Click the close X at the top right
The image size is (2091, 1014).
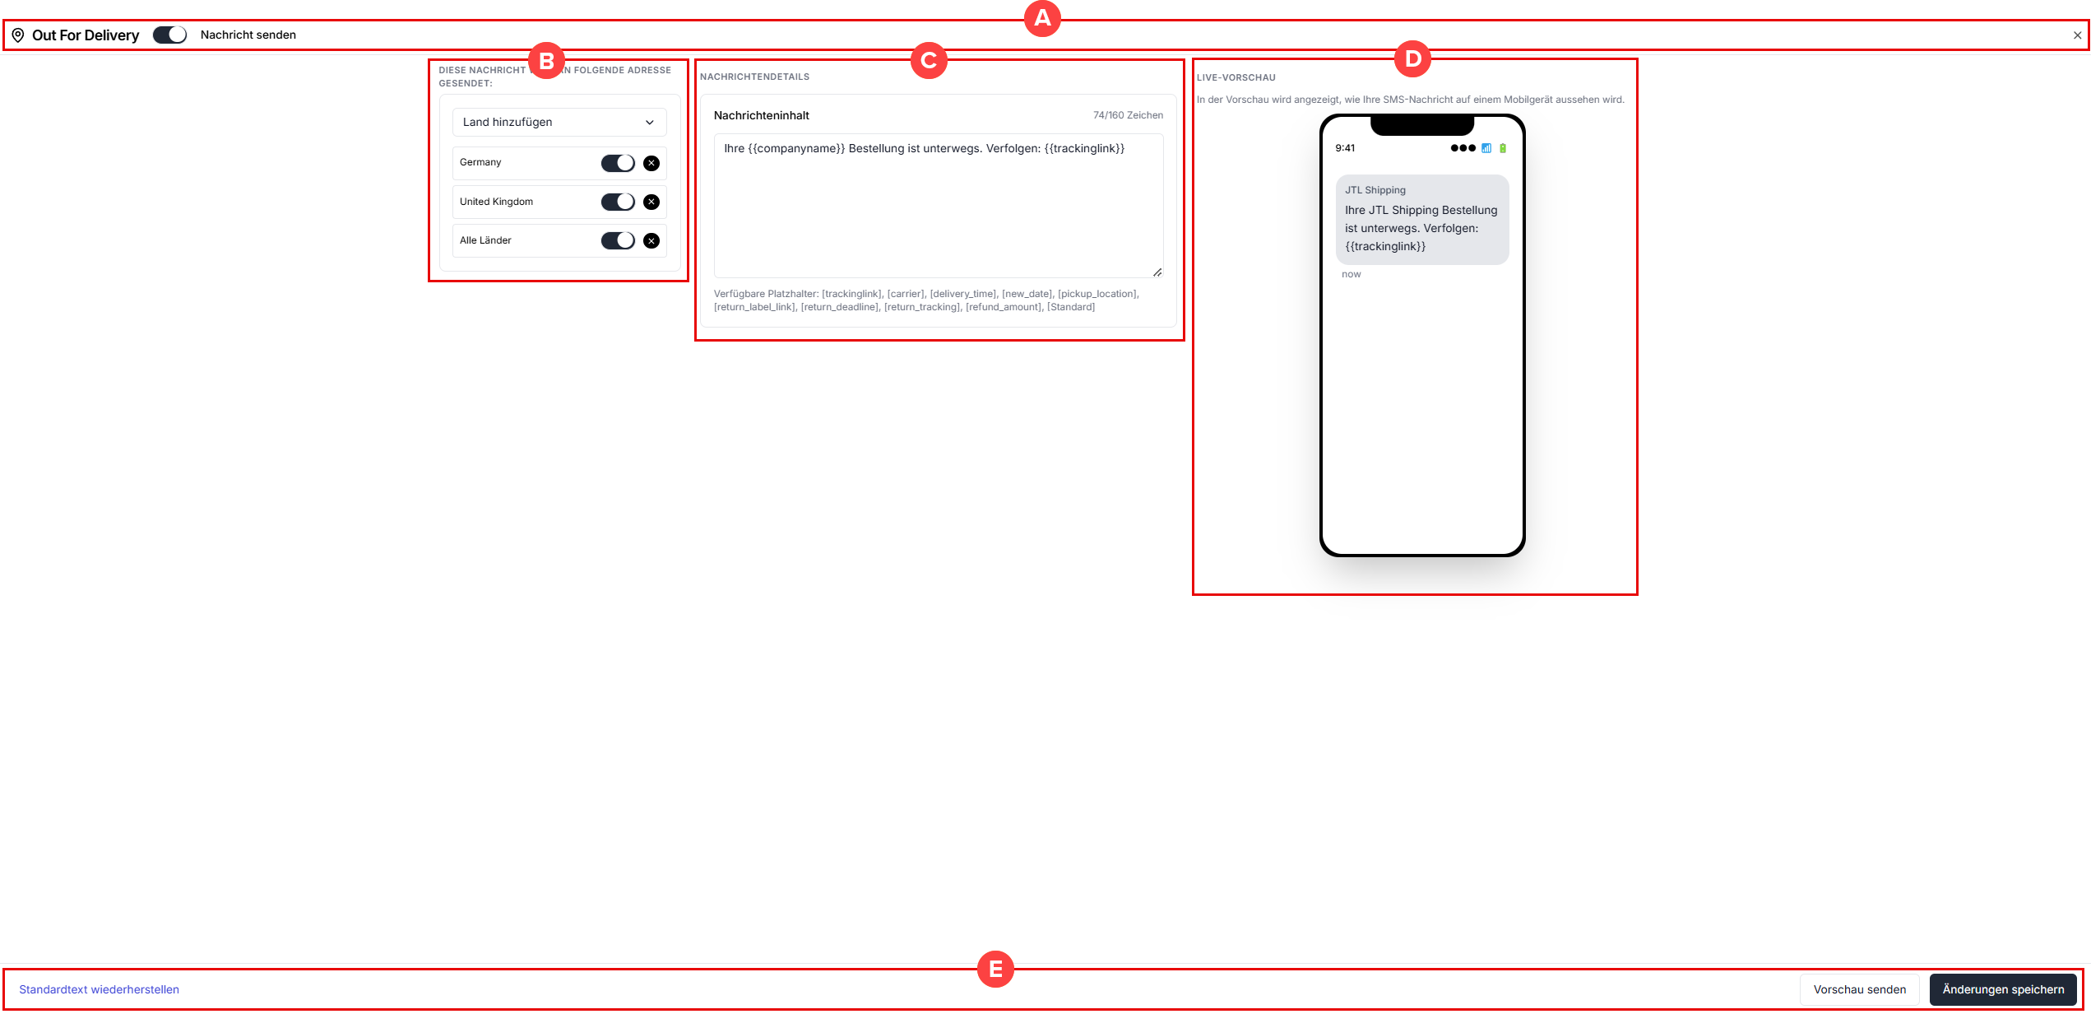coord(2077,35)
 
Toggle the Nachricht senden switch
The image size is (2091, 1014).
coord(170,35)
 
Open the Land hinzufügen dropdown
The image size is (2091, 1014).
coord(559,122)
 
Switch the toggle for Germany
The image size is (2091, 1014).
coord(618,163)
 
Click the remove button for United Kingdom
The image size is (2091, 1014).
coord(651,202)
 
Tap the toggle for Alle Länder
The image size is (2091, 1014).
coord(618,240)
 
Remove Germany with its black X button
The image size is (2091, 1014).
coord(651,163)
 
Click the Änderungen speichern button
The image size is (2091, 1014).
coord(2003,989)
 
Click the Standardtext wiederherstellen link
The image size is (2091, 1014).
coord(100,989)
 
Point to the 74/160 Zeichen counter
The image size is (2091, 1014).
coord(1128,115)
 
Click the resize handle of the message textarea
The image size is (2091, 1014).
coord(1157,272)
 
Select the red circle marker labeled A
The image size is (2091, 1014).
coord(1042,18)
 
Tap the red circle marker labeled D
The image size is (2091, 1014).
coord(1413,59)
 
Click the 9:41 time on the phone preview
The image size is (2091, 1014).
coord(1345,148)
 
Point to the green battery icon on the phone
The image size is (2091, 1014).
coord(1503,148)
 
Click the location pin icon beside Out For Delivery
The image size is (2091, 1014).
coord(18,35)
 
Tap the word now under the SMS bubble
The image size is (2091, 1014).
coord(1351,274)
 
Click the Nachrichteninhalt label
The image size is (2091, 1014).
coord(762,115)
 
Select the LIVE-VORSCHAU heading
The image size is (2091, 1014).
coord(1236,77)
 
